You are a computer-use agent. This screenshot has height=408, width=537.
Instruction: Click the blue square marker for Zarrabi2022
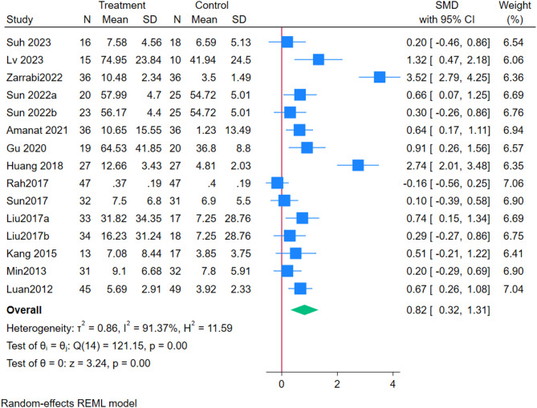(380, 77)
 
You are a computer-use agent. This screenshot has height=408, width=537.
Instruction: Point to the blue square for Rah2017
(277, 183)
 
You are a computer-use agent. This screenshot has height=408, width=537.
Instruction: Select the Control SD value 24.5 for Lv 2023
(239, 59)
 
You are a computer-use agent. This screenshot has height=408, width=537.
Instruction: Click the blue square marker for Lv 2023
(319, 59)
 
